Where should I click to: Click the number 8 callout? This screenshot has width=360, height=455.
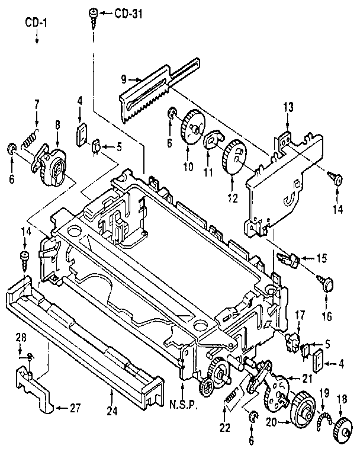click(x=57, y=126)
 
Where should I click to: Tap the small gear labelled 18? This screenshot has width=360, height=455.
click(x=341, y=431)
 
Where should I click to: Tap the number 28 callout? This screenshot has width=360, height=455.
click(x=21, y=337)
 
